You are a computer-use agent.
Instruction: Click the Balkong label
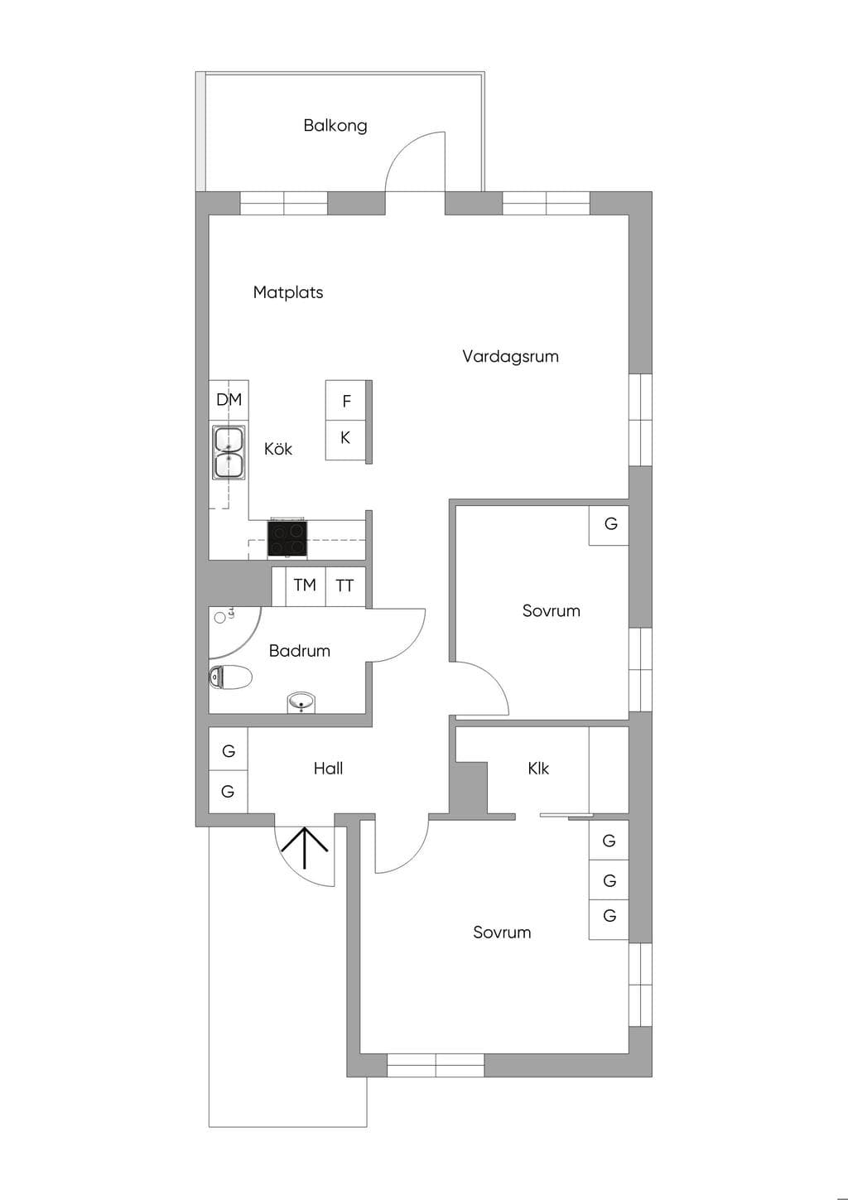[x=335, y=126]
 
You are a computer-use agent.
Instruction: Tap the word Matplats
[x=288, y=292]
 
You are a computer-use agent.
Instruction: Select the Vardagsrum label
[x=510, y=357]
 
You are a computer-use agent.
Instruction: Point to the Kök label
[x=278, y=448]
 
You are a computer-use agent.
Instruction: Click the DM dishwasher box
[x=229, y=400]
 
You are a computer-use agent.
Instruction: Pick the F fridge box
[x=346, y=400]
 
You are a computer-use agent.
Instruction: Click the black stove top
[x=287, y=538]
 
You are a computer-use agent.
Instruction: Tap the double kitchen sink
[x=229, y=452]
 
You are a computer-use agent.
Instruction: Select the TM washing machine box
[x=306, y=586]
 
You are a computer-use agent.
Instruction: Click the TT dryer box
[x=345, y=586]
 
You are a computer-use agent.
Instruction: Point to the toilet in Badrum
[x=230, y=677]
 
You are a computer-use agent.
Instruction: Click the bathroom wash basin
[x=301, y=702]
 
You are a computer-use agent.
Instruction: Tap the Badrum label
[x=300, y=651]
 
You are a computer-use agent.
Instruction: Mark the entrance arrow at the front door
[x=304, y=847]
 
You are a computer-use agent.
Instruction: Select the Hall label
[x=329, y=769]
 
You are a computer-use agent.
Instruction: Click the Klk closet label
[x=538, y=769]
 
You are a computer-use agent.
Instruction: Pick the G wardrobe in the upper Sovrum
[x=609, y=526]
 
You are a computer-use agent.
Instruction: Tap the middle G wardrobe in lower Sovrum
[x=609, y=880]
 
